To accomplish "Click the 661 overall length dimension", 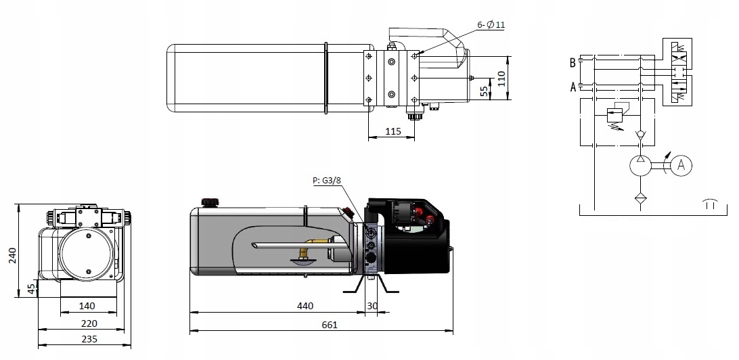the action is click(330, 325).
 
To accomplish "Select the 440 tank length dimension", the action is click(305, 307).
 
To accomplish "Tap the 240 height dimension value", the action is click(13, 255).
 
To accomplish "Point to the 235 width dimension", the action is click(89, 339).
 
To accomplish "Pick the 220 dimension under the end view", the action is click(89, 323).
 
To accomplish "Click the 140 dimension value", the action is click(87, 307).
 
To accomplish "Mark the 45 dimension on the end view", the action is click(32, 289).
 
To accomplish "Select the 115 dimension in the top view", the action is click(393, 131).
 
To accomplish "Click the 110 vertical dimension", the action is click(501, 78).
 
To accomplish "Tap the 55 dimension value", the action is click(485, 91).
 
